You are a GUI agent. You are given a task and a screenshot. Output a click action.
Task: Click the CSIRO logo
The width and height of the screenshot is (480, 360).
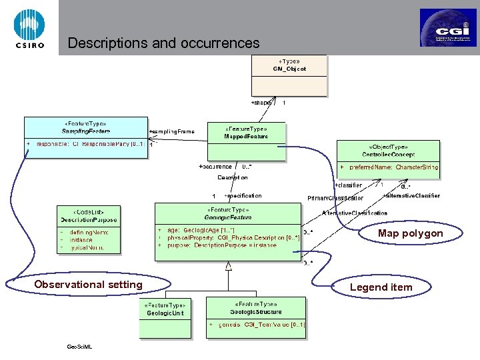tap(29, 29)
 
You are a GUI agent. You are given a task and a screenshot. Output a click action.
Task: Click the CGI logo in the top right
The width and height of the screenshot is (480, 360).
tap(447, 28)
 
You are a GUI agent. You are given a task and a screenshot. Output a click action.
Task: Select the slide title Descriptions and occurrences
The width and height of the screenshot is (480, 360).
tap(163, 43)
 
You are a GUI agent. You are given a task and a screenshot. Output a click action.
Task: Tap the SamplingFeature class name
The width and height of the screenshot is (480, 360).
tap(85, 131)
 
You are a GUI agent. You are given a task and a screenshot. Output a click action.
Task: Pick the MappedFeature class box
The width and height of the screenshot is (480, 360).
tap(246, 141)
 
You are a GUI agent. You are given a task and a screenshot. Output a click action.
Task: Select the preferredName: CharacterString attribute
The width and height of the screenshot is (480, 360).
tap(393, 167)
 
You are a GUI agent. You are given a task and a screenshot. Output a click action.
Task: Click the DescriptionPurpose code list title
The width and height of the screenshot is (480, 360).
tap(89, 219)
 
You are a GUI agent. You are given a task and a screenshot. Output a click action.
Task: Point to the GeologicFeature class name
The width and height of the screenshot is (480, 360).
tap(229, 217)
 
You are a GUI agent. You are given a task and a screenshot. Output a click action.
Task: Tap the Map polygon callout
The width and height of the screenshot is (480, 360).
tap(409, 233)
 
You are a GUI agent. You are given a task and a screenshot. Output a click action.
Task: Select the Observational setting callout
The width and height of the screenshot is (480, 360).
tap(88, 285)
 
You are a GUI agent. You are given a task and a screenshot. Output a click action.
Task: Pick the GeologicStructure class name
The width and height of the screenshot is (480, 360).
tap(256, 311)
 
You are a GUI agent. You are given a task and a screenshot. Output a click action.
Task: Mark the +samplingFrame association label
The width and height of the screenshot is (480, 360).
tap(172, 131)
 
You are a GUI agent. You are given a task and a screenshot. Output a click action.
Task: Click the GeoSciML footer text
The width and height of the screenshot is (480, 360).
tap(79, 347)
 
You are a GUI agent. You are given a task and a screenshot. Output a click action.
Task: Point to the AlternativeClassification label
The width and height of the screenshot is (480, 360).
tap(354, 213)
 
